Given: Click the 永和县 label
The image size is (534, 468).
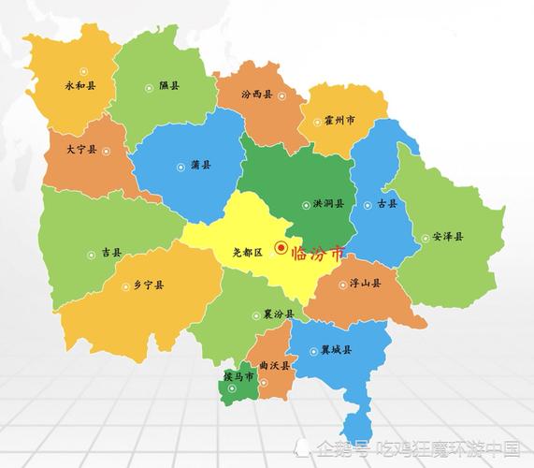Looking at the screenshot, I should pyautogui.click(x=79, y=85).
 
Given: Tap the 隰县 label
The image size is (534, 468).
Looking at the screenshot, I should pyautogui.click(x=168, y=86).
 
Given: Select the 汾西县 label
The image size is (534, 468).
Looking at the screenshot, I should pyautogui.click(x=256, y=95).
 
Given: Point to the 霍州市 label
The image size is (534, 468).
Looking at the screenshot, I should pyautogui.click(x=339, y=121).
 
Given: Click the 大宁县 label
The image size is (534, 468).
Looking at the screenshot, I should pyautogui.click(x=81, y=149).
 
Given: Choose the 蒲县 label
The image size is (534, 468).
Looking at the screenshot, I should pyautogui.click(x=200, y=165).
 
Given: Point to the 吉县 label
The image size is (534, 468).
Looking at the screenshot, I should pyautogui.click(x=111, y=253).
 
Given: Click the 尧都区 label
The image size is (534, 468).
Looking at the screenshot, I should pyautogui.click(x=248, y=252).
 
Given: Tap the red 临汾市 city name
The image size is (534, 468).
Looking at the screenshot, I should pyautogui.click(x=318, y=253).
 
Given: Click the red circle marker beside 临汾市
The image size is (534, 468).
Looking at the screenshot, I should pyautogui.click(x=281, y=248).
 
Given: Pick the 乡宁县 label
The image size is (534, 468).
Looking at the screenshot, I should pyautogui.click(x=149, y=285).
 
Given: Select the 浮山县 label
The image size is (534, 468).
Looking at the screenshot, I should pyautogui.click(x=365, y=283).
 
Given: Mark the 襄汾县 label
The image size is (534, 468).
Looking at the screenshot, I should pyautogui.click(x=278, y=314).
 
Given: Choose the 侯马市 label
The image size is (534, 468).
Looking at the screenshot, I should pyautogui.click(x=238, y=376).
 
